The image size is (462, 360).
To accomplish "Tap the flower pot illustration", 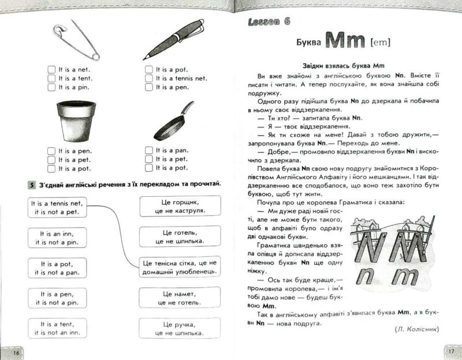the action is [76, 121].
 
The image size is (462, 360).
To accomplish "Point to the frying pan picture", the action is [174, 121].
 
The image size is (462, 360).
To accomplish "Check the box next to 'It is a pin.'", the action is [51, 87].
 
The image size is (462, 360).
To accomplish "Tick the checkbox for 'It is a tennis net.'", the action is [149, 78].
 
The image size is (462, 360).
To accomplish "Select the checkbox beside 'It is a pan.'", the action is [149, 151].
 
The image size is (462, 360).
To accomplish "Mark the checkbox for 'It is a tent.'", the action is [51, 78].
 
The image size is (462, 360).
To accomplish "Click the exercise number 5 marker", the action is [32, 185].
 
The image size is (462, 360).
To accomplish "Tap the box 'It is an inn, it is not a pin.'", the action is [57, 238].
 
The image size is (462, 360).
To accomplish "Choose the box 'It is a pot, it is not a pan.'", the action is [57, 268].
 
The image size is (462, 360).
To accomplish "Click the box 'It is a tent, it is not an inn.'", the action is [57, 328].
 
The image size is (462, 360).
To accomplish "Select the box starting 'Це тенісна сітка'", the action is [180, 267].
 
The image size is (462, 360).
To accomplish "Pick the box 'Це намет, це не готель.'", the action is [180, 298].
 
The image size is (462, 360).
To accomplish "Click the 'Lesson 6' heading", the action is [269, 21].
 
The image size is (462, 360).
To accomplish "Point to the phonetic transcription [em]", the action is [381, 43].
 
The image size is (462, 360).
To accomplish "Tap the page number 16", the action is [16, 352].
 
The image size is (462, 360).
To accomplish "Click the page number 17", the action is [451, 351].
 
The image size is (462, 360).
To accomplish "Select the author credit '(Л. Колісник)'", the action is [416, 329].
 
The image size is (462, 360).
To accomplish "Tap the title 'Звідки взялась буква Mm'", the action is [343, 66].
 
